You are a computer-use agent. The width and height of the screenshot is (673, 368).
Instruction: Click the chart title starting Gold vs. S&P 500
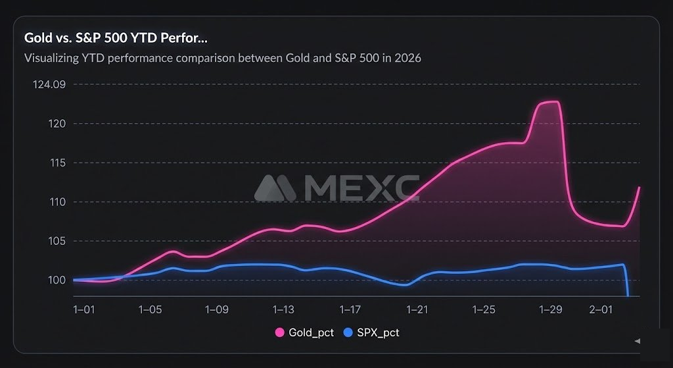coord(116,38)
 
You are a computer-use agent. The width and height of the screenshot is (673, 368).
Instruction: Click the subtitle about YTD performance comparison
coord(222,58)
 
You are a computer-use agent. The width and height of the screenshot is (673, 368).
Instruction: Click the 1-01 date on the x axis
coord(84,309)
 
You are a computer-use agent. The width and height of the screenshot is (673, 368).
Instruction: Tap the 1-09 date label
coord(217,309)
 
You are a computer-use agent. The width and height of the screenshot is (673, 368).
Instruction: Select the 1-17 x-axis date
coord(350,309)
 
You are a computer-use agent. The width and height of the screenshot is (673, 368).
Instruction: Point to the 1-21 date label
coord(417,309)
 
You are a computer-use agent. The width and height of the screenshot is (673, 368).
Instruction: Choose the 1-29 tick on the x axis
coord(551,309)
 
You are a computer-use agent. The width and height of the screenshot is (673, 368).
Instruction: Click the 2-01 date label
coord(601,309)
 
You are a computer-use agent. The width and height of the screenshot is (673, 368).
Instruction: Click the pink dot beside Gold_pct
coord(279,333)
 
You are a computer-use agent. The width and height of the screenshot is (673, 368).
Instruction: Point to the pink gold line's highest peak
coord(551,102)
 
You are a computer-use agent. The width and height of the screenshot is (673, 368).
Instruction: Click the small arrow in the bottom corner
coord(636,341)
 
